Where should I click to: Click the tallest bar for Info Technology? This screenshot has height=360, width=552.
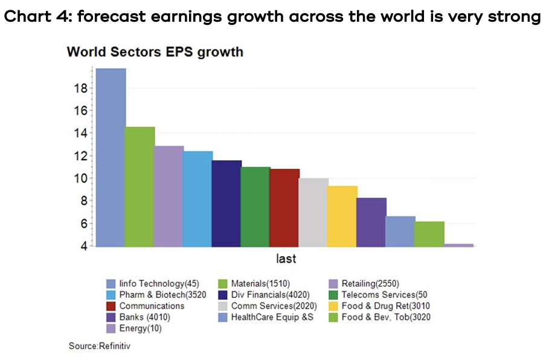(x=111, y=157)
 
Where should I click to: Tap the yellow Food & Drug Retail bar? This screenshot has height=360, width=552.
(x=342, y=216)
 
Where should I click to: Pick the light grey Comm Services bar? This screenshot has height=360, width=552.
(x=313, y=212)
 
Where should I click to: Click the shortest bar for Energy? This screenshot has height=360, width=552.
(x=458, y=245)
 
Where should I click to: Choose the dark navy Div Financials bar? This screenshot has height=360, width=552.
(x=226, y=203)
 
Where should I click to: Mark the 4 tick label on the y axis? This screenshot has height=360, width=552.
(x=83, y=246)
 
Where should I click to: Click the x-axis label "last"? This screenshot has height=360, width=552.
(x=286, y=259)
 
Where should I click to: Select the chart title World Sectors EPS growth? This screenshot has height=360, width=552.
(x=155, y=52)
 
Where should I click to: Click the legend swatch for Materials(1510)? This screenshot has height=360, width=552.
(x=222, y=283)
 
